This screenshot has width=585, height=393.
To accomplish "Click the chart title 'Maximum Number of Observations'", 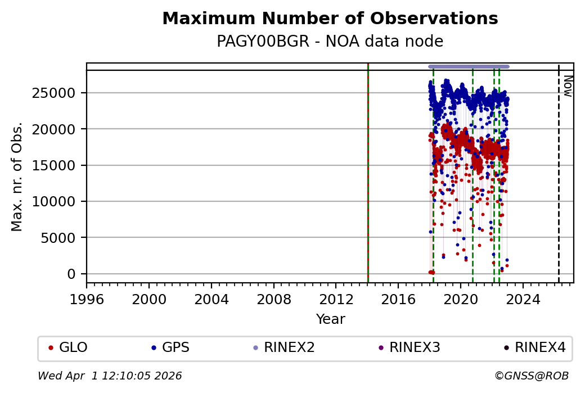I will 330,19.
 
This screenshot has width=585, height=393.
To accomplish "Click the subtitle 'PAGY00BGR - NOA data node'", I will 330,42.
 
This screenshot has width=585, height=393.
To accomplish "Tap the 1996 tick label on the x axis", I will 87,299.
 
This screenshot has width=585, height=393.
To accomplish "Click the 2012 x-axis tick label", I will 336,299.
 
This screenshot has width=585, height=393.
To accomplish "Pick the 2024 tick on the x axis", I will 523,299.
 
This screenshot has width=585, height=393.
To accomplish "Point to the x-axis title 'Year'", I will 330,319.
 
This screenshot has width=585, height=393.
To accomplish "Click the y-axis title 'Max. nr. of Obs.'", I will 17,176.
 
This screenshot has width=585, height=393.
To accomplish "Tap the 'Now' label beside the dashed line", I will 568,85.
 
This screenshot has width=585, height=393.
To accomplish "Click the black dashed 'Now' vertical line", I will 559,180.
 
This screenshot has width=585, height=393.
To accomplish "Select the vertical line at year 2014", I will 367,180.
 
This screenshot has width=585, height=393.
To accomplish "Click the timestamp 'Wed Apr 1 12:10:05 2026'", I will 110,376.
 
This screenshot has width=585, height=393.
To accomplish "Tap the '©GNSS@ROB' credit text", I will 531,376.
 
